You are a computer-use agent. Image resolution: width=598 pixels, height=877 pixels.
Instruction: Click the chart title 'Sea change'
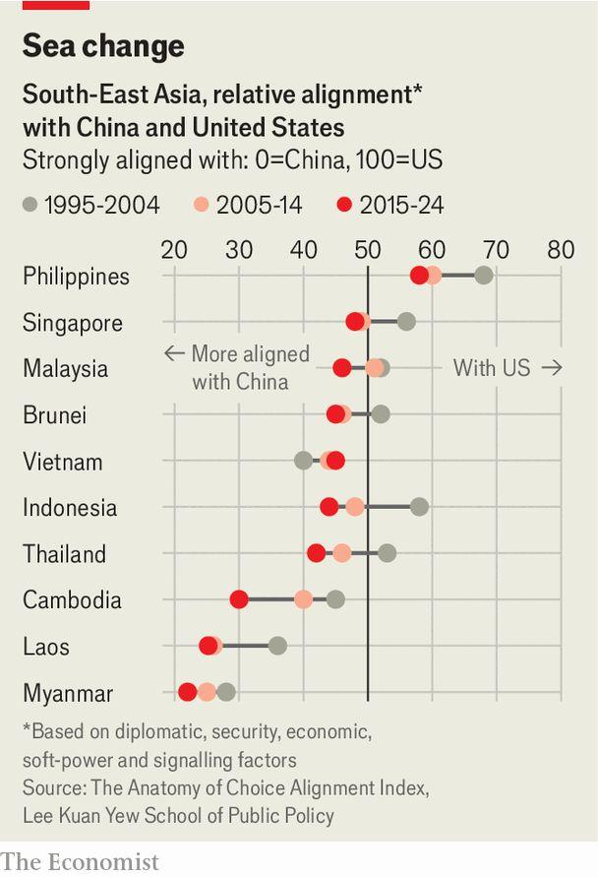point(103,46)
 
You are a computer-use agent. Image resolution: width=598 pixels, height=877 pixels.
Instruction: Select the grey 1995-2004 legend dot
point(30,205)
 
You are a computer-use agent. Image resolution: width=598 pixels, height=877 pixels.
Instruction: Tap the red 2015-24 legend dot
point(344,205)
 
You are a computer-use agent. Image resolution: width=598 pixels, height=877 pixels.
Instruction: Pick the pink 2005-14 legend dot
point(201,205)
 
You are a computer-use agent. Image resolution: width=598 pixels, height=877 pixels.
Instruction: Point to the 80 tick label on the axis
point(561,249)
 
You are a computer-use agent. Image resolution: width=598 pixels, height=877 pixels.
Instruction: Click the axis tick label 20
point(174,249)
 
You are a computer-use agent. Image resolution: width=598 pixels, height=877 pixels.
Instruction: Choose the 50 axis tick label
point(368,249)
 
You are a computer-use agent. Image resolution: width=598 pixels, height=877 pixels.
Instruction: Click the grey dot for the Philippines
point(483,275)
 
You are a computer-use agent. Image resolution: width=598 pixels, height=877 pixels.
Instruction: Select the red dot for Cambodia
point(239,599)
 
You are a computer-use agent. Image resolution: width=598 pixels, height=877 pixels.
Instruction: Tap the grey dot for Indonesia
point(419,507)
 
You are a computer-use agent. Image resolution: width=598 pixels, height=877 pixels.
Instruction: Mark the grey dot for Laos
point(277,646)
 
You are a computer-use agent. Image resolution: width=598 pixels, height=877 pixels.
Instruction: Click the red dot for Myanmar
point(188,692)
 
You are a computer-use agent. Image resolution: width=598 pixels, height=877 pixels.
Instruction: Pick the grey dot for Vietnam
point(304,461)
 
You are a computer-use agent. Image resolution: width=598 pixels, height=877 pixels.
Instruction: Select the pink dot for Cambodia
point(304,599)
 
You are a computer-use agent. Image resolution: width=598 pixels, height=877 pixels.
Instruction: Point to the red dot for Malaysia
point(341,368)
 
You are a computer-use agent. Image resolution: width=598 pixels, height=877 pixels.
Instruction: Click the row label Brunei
point(54,415)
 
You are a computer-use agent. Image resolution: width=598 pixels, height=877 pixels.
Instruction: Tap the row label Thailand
point(64,554)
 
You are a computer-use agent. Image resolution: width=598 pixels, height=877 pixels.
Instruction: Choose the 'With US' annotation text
point(492,368)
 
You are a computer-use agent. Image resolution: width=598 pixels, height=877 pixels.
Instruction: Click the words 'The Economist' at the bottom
point(80,861)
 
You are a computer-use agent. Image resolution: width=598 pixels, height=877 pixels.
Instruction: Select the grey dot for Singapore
point(406,322)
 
